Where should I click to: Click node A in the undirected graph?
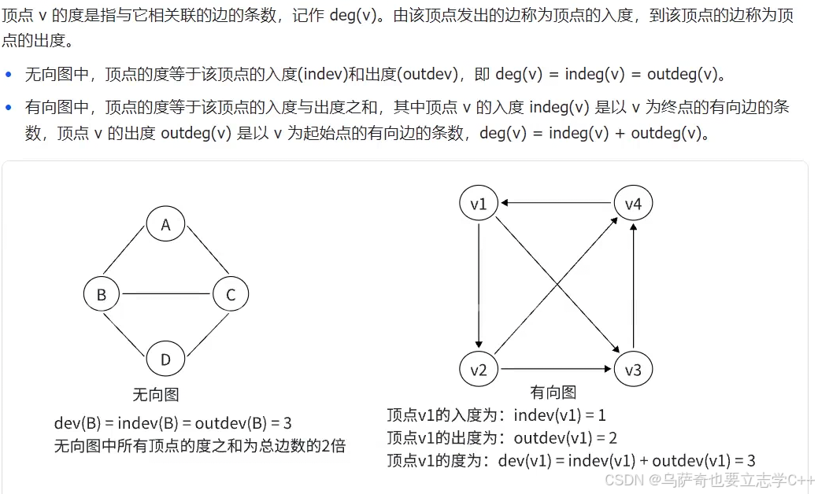point(165,225)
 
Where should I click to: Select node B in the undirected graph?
point(102,295)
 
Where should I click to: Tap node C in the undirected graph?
point(231,295)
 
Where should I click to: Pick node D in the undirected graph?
point(165,359)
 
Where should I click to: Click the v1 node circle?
point(479,205)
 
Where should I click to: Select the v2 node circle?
point(479,369)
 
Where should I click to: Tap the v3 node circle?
point(634,369)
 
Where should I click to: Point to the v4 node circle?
point(634,205)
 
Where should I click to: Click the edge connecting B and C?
point(166,295)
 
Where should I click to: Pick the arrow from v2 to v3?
point(556,369)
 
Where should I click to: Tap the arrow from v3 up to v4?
point(634,287)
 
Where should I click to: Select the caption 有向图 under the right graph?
point(553,393)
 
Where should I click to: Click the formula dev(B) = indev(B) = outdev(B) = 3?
point(172,423)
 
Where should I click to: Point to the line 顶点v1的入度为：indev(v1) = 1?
point(496,415)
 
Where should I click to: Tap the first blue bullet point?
point(9,75)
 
